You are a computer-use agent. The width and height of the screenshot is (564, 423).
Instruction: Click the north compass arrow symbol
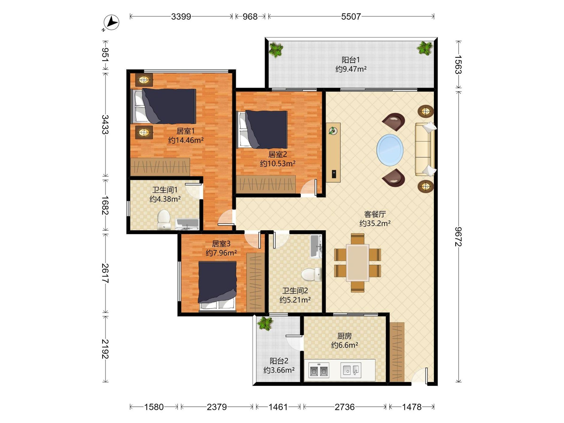(111, 22)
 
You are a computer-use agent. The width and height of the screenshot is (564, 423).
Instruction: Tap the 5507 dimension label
(351, 17)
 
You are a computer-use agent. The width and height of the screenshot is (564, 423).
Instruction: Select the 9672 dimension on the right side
(458, 236)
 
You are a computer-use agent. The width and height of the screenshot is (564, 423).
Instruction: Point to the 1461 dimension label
(278, 407)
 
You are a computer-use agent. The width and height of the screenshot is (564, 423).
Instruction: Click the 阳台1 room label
(351, 60)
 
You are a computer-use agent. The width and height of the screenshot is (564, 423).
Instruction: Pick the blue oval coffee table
(390, 150)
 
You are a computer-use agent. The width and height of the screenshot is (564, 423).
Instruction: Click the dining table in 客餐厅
(357, 263)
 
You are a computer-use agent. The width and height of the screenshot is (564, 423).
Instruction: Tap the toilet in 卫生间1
(164, 220)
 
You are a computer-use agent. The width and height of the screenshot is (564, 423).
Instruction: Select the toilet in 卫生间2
(312, 274)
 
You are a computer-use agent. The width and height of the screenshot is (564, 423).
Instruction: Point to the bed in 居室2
(263, 129)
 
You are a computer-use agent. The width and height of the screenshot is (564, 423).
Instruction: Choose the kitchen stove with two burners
(319, 371)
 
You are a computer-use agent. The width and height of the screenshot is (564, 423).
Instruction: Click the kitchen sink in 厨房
(351, 370)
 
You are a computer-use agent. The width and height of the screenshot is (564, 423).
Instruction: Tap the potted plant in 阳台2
(265, 323)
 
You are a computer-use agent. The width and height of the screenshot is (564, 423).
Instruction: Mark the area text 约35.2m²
(375, 223)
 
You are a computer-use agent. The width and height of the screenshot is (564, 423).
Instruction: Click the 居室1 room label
(186, 131)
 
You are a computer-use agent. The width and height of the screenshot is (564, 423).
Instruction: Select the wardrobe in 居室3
(255, 282)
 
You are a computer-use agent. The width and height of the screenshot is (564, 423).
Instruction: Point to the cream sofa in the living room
(425, 149)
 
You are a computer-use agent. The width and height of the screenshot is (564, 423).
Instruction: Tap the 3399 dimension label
(181, 17)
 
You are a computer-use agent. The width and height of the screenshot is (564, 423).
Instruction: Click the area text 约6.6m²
(345, 345)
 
